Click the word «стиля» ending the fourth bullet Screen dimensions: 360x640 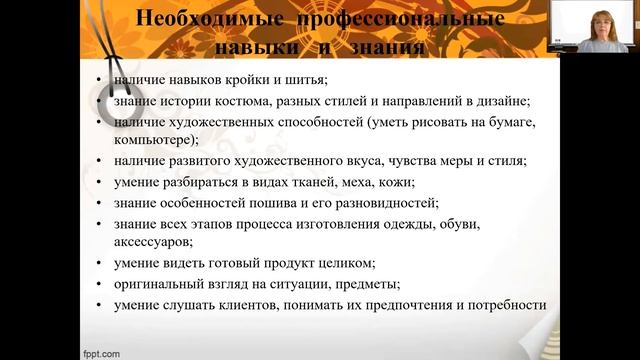505,160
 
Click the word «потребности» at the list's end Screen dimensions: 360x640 502,304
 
